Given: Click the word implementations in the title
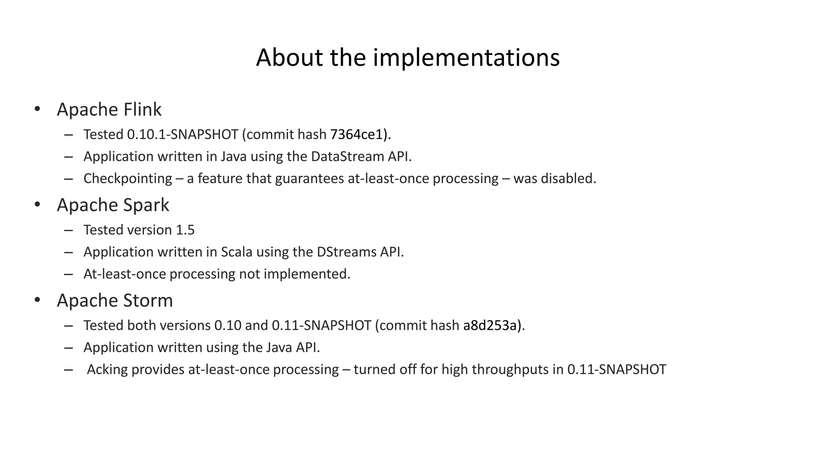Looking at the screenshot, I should pos(466,58).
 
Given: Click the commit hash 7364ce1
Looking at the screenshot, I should pos(357,135).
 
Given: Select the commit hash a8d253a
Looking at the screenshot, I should pos(490,326).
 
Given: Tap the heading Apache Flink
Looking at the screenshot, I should pos(109,110).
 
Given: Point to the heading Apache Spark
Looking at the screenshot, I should pos(113,205).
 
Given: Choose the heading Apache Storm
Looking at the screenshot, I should pos(115,300).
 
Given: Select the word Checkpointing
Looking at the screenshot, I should pos(127,179).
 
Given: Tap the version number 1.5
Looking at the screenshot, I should pos(185,230).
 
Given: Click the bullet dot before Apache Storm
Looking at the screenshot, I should pos(37,300).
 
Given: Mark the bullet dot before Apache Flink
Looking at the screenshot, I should pos(37,109).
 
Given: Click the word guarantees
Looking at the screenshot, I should pos(310,178).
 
